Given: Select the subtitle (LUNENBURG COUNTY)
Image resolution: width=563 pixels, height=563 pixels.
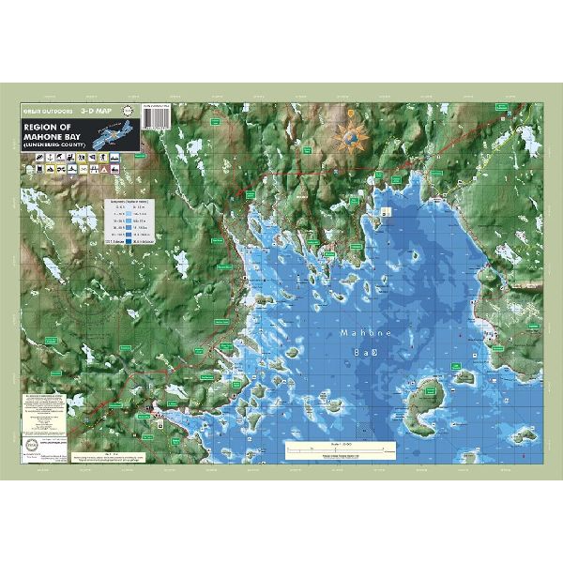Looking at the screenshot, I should coord(53,144).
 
